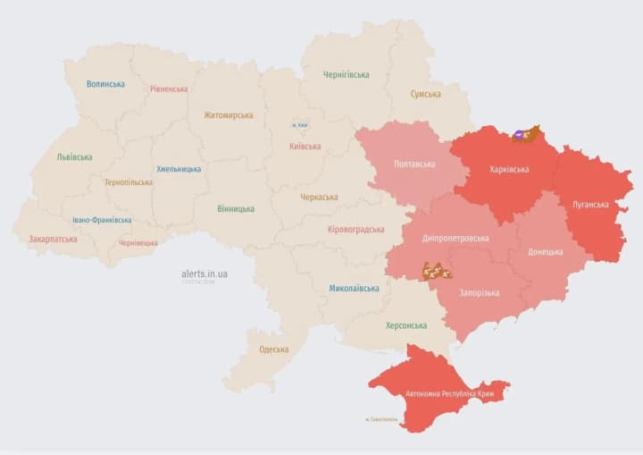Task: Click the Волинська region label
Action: pyautogui.click(x=105, y=84)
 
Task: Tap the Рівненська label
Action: pyautogui.click(x=169, y=88)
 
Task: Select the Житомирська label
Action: pyautogui.click(x=228, y=114)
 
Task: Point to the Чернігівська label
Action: pyautogui.click(x=346, y=74)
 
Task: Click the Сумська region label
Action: pyautogui.click(x=425, y=94)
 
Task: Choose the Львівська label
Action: pyautogui.click(x=74, y=156)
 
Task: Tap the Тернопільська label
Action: pyautogui.click(x=128, y=181)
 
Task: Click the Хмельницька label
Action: pyautogui.click(x=179, y=168)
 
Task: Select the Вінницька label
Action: pyautogui.click(x=236, y=208)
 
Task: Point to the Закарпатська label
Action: pyautogui.click(x=53, y=239)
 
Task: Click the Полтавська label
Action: pyautogui.click(x=414, y=164)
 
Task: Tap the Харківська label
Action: pyautogui.click(x=509, y=169)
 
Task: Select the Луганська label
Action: pyautogui.click(x=590, y=204)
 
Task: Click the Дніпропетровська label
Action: pyautogui.click(x=455, y=238)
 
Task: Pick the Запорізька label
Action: pyautogui.click(x=480, y=292)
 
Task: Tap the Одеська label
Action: pyautogui.click(x=273, y=349)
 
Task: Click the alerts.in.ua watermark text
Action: pyautogui.click(x=205, y=274)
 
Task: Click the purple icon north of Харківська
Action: pyautogui.click(x=518, y=136)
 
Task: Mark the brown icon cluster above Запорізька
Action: pyautogui.click(x=437, y=270)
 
